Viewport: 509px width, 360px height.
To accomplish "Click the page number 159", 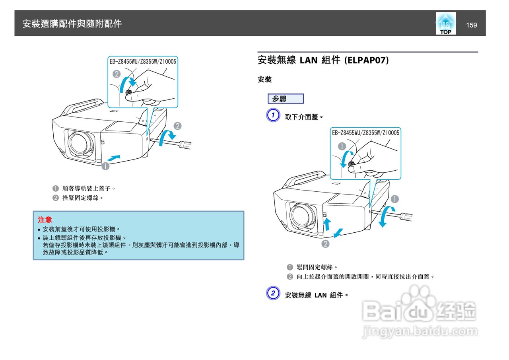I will [x=471, y=25].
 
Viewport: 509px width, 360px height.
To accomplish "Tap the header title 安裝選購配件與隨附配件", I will [x=72, y=24].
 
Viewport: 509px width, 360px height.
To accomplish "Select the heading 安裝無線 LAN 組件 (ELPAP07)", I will [x=323, y=60].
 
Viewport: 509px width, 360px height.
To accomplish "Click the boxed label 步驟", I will [x=285, y=99].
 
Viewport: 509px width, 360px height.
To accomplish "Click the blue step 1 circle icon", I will [x=272, y=116].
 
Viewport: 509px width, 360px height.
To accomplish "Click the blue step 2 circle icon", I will [x=272, y=294].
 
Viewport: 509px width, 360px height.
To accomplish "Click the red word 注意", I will [x=45, y=219].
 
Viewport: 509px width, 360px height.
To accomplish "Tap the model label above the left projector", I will [x=143, y=61].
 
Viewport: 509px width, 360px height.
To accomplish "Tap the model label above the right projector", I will [x=365, y=133].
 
